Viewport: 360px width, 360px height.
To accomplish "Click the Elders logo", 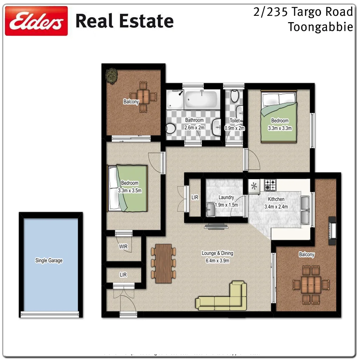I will pyautogui.click(x=36, y=21).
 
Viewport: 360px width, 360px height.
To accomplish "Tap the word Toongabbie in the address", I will pyautogui.click(x=320, y=27).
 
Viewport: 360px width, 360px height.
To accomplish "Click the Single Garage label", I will pyautogui.click(x=49, y=261).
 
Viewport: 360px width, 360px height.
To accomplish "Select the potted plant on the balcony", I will pyautogui.click(x=112, y=76).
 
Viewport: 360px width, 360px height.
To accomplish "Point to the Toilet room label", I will pyautogui.click(x=235, y=121).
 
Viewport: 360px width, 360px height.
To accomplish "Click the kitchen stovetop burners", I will pyautogui.click(x=270, y=185).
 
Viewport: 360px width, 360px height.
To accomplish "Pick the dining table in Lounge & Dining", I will pyautogui.click(x=163, y=263).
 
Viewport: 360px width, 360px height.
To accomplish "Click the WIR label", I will pyautogui.click(x=123, y=247).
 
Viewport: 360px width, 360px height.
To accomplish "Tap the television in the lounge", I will pyautogui.click(x=216, y=227).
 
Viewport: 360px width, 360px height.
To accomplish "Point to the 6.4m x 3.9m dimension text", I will pyautogui.click(x=217, y=261).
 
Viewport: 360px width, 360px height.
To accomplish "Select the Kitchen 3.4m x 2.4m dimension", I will pyautogui.click(x=276, y=207).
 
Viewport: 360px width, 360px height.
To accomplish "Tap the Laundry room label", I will pyautogui.click(x=226, y=198).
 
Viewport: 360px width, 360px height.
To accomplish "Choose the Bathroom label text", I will pyautogui.click(x=194, y=120).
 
